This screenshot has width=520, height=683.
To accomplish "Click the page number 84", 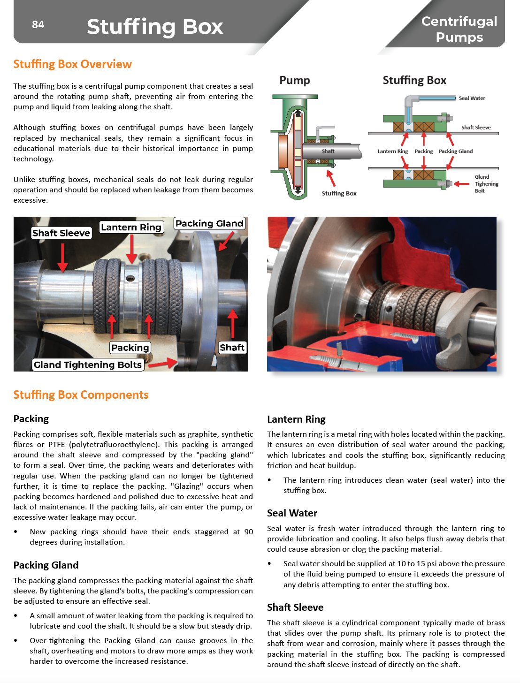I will (x=38, y=24).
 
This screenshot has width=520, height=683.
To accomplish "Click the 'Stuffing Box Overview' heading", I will (x=72, y=64).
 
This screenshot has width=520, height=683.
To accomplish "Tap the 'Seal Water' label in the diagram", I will (x=472, y=98).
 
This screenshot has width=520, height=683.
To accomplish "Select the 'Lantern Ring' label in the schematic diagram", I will (x=392, y=151).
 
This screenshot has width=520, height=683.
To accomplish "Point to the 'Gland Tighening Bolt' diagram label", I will (x=486, y=184).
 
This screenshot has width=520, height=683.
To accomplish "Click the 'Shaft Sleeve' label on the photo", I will (x=61, y=233).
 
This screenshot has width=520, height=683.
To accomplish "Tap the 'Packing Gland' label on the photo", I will (x=209, y=224).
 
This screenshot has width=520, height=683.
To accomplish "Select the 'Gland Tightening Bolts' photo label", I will (x=87, y=365).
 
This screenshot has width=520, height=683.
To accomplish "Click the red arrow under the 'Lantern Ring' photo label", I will (x=132, y=249).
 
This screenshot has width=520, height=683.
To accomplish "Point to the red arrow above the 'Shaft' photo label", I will (x=232, y=324).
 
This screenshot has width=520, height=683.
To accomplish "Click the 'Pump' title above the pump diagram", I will (x=294, y=80).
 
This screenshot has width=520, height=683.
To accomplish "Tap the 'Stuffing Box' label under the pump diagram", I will (x=339, y=193).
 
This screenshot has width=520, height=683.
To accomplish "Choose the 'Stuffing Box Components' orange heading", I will (x=81, y=395).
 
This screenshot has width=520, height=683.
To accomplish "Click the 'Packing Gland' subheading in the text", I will (x=46, y=565).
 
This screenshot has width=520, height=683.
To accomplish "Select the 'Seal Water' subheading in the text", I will (x=292, y=513).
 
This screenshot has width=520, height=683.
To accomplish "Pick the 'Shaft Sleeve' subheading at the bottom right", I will (x=295, y=607).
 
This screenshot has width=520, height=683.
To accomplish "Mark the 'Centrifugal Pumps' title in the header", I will (x=459, y=29).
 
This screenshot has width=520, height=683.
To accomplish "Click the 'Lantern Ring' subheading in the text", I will (x=296, y=419).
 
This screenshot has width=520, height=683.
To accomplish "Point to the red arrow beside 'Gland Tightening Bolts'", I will (x=162, y=363).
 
